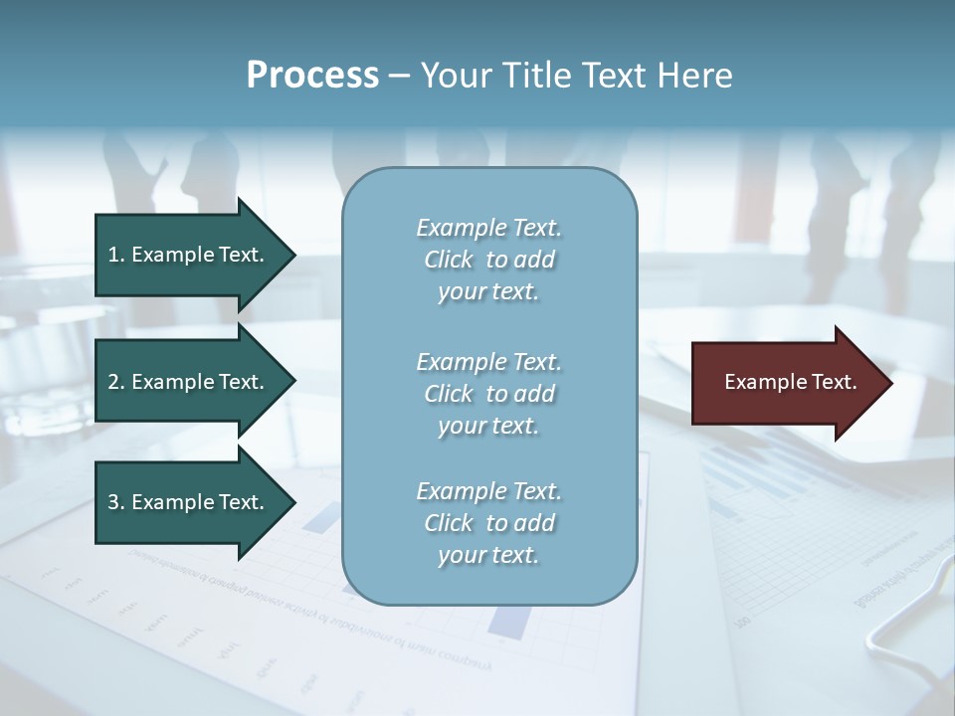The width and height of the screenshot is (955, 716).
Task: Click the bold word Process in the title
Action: pos(312,76)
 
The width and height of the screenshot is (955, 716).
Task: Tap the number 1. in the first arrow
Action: pos(116,255)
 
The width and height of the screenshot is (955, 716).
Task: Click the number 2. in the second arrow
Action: pos(116,382)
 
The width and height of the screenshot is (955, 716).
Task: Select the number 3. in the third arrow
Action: pos(116,502)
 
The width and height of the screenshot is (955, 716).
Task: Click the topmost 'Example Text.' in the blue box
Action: pos(488,228)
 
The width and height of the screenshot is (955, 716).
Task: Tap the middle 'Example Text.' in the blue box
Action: pos(488,361)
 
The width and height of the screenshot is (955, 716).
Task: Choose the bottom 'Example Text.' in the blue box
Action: pos(488,491)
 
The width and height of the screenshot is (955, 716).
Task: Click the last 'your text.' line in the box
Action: pos(488,556)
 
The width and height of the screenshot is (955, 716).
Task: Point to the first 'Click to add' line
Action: pos(488,260)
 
